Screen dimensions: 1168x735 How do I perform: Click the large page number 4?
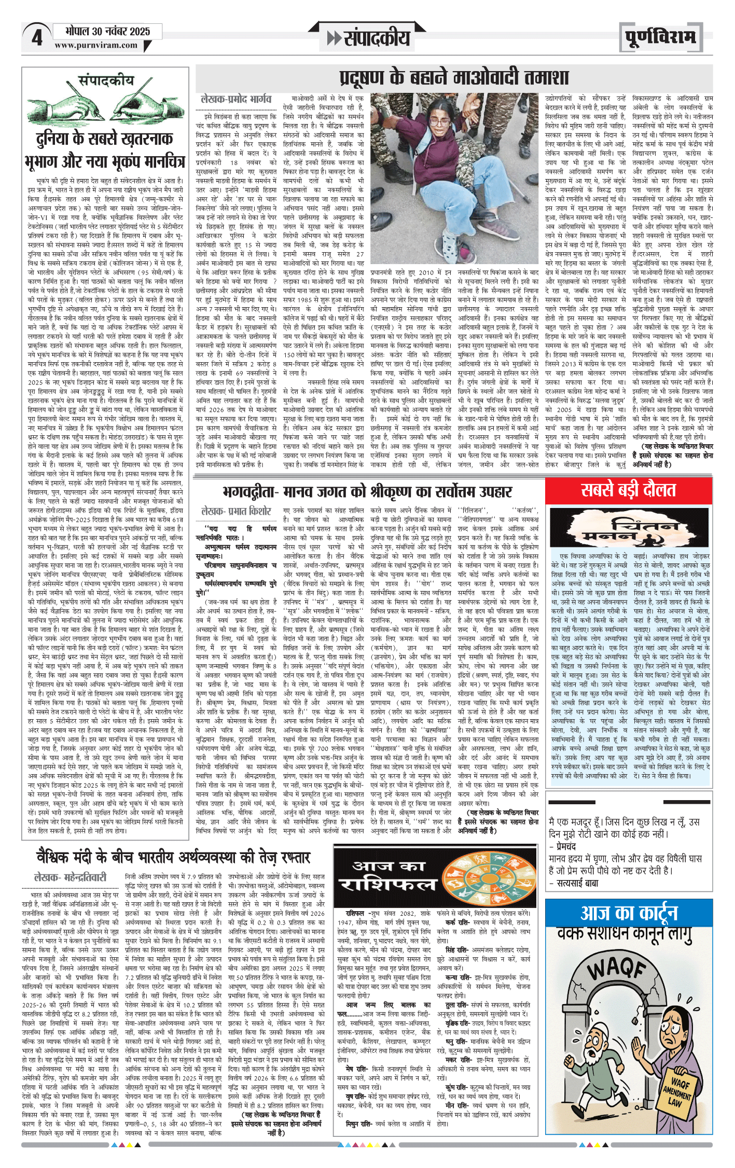(36, 38)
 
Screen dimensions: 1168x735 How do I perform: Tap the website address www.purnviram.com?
(96, 45)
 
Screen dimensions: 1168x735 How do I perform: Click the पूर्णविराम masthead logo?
(660, 37)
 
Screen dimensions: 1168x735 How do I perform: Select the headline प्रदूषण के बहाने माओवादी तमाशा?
(454, 78)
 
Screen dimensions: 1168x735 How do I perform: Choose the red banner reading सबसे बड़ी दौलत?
(628, 490)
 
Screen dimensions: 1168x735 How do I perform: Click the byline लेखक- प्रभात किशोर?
(236, 511)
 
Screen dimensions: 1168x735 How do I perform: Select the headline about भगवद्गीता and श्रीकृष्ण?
(367, 491)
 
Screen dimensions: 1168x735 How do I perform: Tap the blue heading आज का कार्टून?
(629, 913)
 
